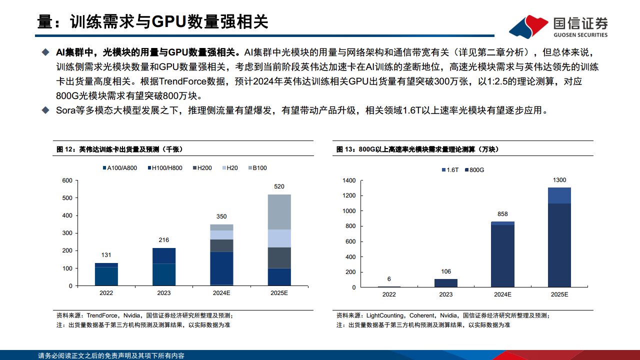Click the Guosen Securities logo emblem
(528, 26)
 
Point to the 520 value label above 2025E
(279, 186)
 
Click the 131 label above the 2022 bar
(106, 254)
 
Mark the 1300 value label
(559, 179)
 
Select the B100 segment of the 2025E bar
(279, 212)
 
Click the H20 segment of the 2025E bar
(279, 238)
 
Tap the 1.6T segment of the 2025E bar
(559, 195)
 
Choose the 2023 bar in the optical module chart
(446, 283)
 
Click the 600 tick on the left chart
(66, 180)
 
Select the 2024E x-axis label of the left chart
(221, 293)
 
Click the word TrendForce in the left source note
(102, 315)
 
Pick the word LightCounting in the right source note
(385, 315)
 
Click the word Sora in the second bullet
(65, 110)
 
